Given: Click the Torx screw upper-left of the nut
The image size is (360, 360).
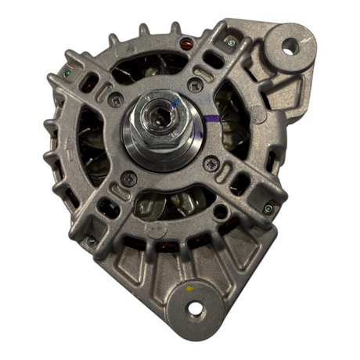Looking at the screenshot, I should [x=117, y=99].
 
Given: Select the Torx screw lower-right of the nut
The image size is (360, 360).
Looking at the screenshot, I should [x=211, y=163].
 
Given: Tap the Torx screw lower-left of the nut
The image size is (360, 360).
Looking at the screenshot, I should [x=130, y=178].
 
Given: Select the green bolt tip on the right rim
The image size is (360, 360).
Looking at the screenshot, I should [x=268, y=208].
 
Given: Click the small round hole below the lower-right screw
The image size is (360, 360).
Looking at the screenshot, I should [x=222, y=211].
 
